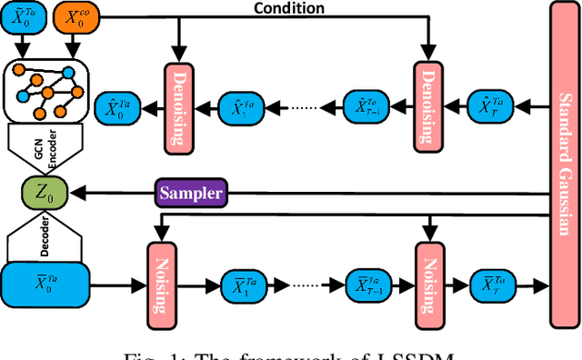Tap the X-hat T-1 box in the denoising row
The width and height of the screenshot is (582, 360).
point(367,107)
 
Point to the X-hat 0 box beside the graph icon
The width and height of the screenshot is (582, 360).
point(117,107)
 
